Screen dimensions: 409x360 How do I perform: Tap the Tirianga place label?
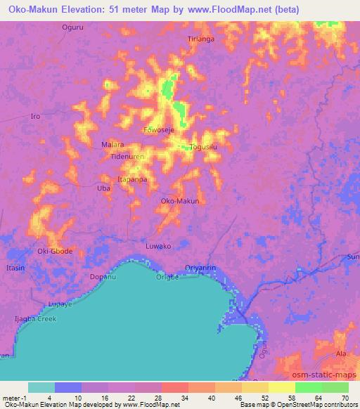coord(200,39)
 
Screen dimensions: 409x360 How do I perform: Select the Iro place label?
coord(36,117)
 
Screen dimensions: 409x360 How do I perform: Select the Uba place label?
coord(103,188)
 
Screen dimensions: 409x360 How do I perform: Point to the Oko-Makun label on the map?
coord(180,202)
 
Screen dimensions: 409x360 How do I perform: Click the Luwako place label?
coord(158,246)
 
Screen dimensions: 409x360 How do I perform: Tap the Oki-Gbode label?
coord(55,251)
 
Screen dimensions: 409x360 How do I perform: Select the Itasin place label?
coord(15,268)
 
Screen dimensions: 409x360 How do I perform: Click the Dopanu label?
coord(103,276)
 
